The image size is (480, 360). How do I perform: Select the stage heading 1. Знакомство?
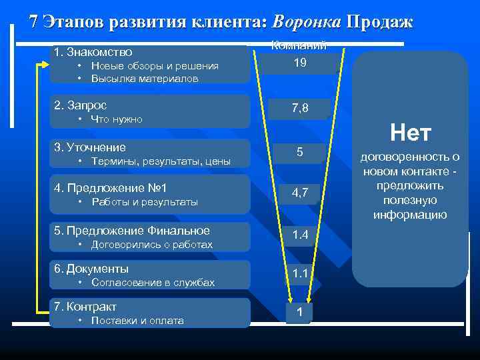tap(93, 51)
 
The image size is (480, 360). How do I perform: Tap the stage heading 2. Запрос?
tap(81, 105)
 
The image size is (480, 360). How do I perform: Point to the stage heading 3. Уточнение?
tap(90, 147)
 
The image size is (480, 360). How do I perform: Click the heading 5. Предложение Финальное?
tap(132, 231)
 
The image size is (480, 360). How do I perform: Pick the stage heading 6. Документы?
tap(92, 269)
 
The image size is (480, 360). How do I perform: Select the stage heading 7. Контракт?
tap(86, 307)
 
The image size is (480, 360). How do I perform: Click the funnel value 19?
tap(300, 63)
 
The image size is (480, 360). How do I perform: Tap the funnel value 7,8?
tap(300, 108)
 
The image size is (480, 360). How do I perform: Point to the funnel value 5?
tap(300, 153)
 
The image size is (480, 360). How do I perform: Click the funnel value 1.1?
tap(300, 273)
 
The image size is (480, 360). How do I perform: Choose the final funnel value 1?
tap(300, 313)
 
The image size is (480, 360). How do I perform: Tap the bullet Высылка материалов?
tap(145, 79)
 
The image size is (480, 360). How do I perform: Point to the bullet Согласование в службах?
tap(153, 283)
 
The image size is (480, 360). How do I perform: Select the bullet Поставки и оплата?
tap(137, 321)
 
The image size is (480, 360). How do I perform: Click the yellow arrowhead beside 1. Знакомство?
tap(45, 65)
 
